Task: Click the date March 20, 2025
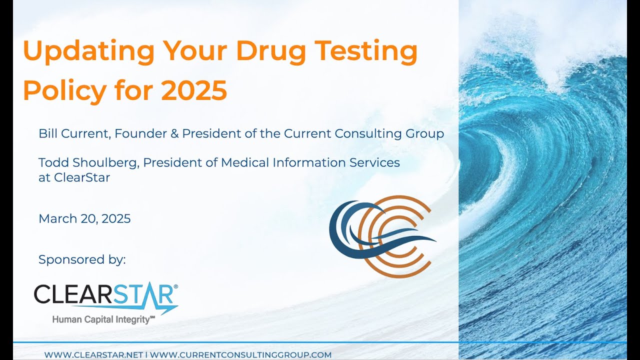tap(84, 218)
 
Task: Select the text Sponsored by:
tap(82, 259)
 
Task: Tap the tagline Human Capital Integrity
tap(103, 319)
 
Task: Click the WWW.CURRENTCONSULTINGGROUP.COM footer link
tap(240, 354)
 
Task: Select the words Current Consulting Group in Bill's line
tap(363, 133)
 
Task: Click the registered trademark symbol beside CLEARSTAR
tap(175, 286)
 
